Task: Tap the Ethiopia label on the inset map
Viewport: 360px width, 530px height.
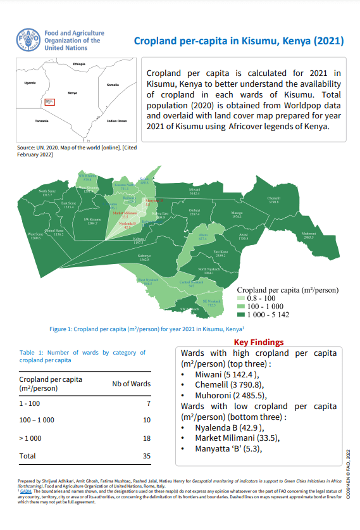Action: click(79, 65)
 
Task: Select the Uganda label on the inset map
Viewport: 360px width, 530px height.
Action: click(30, 83)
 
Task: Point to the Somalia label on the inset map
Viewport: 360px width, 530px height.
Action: click(113, 84)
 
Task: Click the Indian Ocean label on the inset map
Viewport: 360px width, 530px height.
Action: click(117, 120)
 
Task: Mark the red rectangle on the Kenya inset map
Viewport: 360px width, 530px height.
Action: click(50, 101)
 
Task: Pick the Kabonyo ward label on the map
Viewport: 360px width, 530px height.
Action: click(144, 258)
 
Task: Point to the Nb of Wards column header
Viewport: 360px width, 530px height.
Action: click(131, 383)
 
